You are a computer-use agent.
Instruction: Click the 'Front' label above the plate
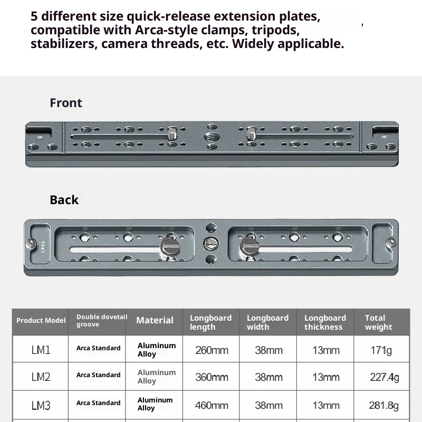pos(66,103)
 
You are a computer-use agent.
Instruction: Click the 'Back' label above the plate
pos(64,200)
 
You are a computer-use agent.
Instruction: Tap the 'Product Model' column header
pos(41,321)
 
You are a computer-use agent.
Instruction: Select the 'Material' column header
pos(155,320)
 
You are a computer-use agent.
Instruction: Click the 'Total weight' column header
pos(378,322)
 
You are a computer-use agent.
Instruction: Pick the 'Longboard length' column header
pos(210,322)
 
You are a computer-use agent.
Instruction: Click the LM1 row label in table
pos(41,350)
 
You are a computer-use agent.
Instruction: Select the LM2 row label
pos(41,377)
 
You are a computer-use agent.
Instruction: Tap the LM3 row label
pos(41,405)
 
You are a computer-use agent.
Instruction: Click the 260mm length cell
pos(212,350)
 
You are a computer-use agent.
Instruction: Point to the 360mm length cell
pos(212,377)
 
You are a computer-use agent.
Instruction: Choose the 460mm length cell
pos(212,405)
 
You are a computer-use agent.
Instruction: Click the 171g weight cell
pos(381,350)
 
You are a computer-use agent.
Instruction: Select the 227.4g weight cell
pos(384,377)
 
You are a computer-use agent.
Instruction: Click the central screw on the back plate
pos(210,243)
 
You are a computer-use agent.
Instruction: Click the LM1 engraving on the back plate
pos(42,246)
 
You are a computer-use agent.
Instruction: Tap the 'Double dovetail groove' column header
pos(101,321)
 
